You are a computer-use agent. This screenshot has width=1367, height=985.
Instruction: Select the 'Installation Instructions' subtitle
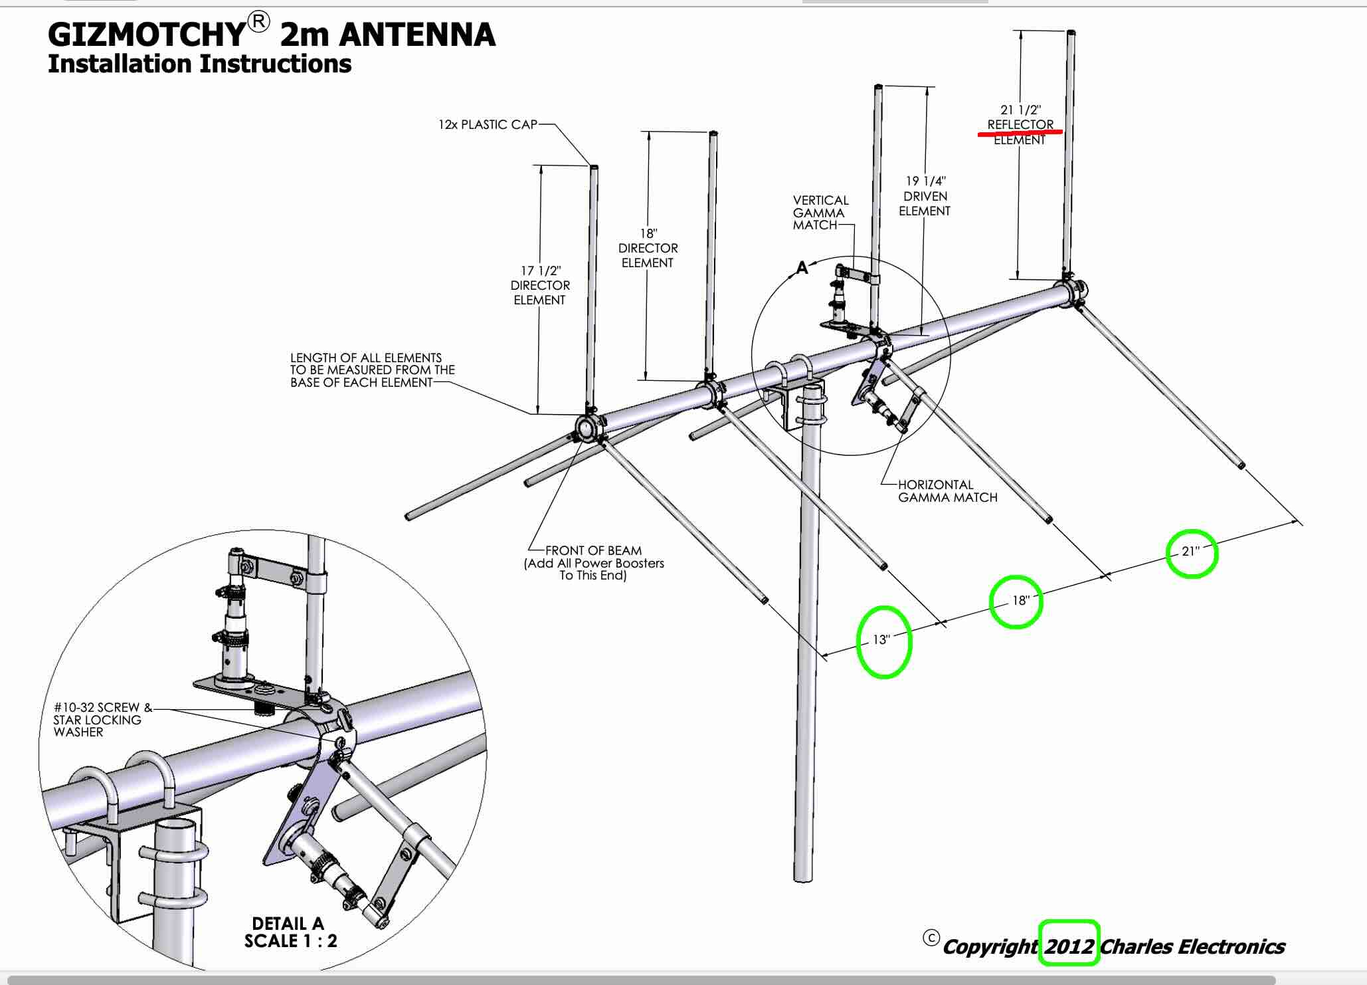tap(199, 64)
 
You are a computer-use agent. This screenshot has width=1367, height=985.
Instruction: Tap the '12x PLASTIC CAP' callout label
tap(488, 124)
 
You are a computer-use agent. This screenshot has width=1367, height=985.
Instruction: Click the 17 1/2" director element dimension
tap(540, 271)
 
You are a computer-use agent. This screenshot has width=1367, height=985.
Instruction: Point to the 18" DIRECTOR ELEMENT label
tap(648, 248)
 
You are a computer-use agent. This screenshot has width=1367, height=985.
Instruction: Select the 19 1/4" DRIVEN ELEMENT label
tap(925, 195)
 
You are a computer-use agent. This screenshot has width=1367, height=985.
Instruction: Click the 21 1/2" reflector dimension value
tap(1020, 110)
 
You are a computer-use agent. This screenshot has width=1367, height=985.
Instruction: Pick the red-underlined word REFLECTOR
tap(1020, 124)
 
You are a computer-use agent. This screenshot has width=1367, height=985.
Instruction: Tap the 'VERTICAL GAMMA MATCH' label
tap(820, 213)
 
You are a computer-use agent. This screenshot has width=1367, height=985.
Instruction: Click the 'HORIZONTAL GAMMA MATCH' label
tap(947, 491)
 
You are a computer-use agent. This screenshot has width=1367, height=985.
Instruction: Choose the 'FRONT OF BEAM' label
tap(593, 551)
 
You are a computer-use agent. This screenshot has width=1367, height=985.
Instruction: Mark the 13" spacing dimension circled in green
tap(881, 640)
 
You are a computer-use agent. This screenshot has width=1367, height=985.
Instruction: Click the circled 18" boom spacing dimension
tap(1020, 601)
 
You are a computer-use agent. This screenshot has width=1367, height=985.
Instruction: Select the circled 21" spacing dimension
tap(1191, 551)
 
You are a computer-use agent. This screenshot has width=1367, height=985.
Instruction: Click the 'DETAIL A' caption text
tap(288, 924)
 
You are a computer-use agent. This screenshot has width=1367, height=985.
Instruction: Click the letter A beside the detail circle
tap(802, 268)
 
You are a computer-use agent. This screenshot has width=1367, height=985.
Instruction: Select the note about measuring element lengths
tap(372, 370)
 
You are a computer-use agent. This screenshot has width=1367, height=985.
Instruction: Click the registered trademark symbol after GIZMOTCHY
tap(259, 23)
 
